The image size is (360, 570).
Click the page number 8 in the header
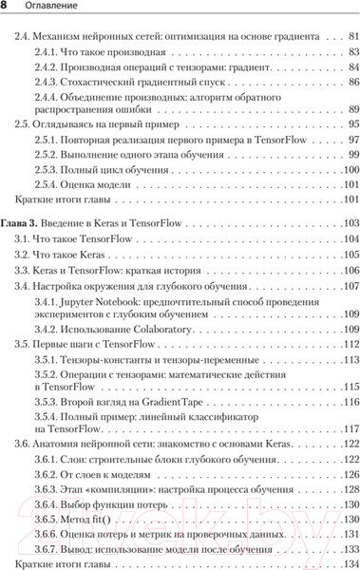[x=6, y=9]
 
